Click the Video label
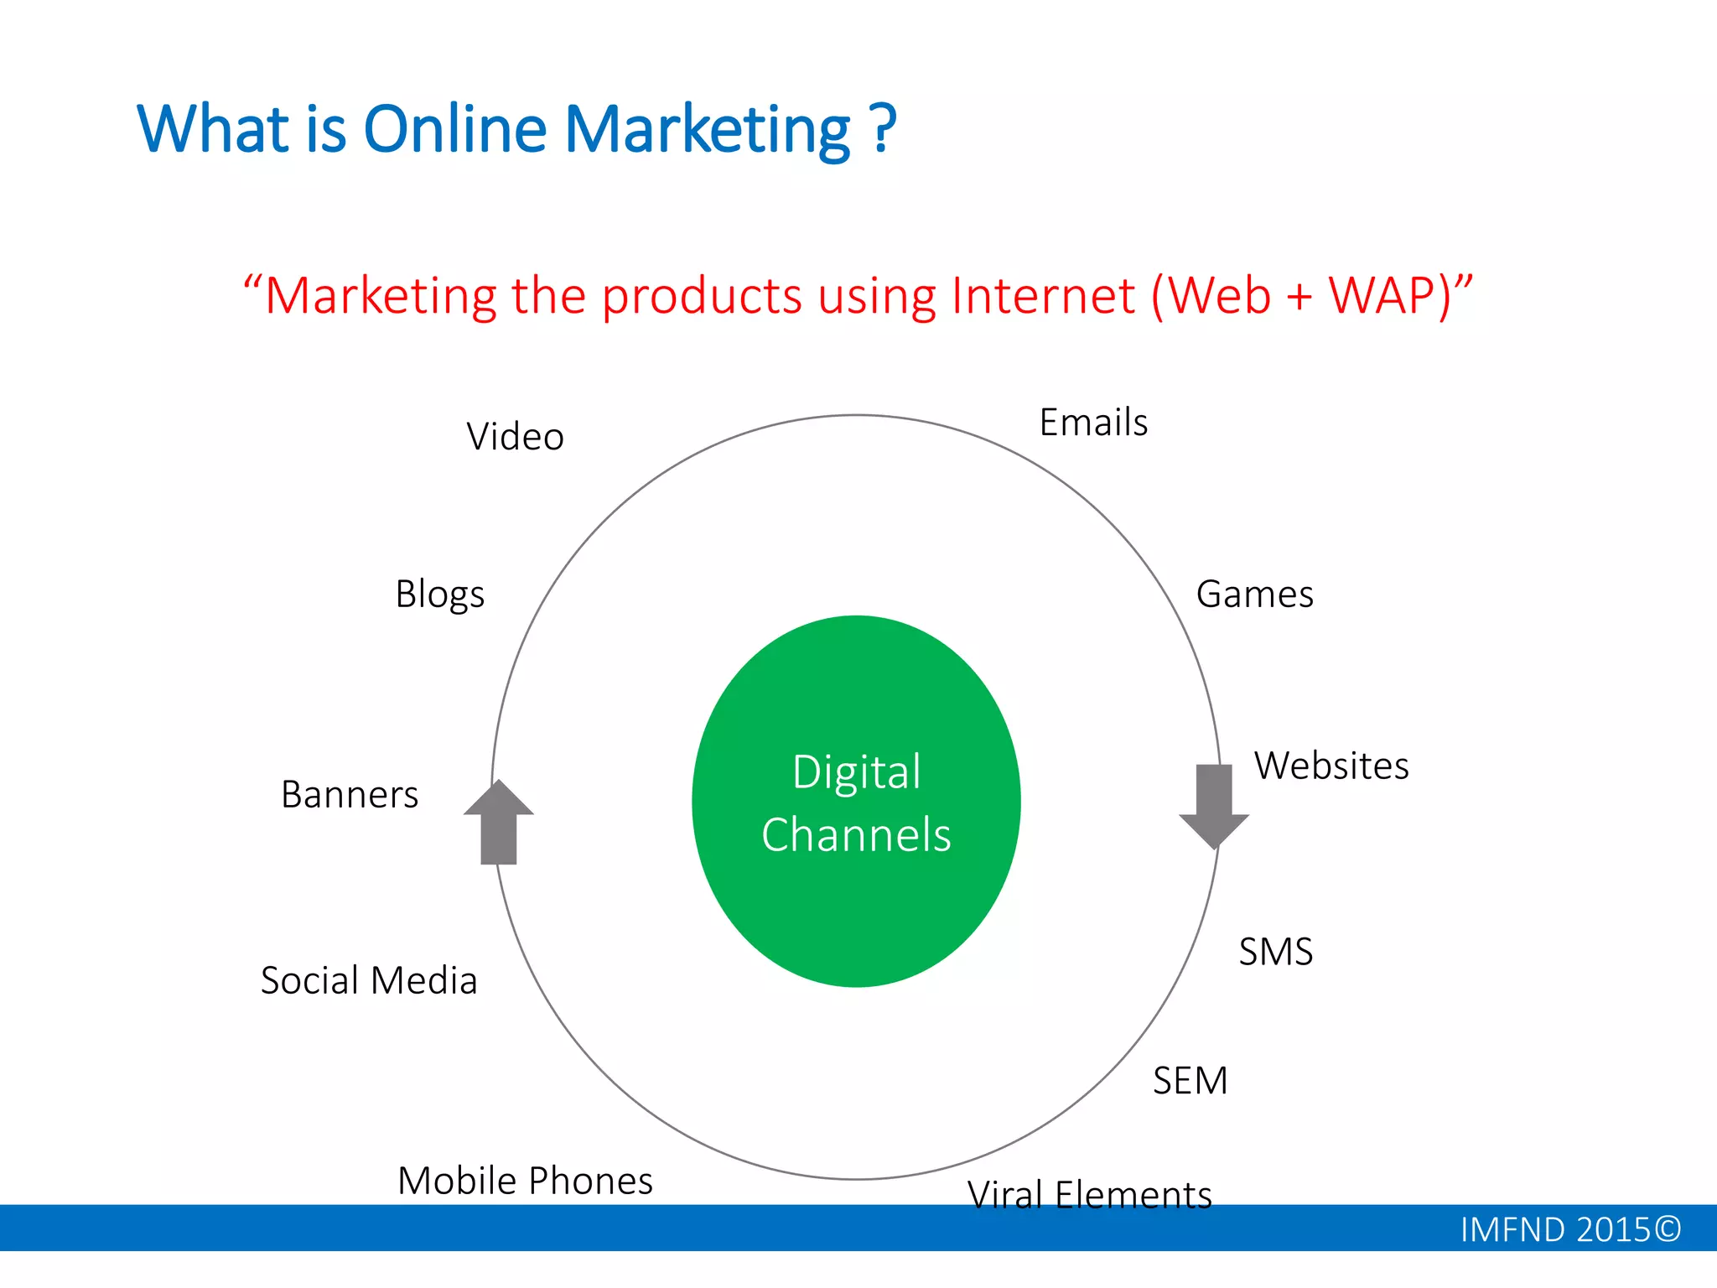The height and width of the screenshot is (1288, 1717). [515, 437]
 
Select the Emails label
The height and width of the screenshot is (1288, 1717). [1093, 423]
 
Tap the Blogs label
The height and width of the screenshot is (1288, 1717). [439, 595]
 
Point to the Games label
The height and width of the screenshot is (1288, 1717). [1254, 595]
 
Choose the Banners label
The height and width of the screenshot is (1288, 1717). [350, 795]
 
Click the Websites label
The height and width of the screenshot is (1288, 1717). [1331, 766]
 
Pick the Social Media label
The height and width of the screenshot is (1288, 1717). [369, 980]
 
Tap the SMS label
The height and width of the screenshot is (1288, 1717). [1275, 952]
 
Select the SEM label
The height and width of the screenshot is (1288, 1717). [1190, 1081]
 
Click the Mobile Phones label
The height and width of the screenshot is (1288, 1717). [525, 1181]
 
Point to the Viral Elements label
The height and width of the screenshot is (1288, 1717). [1089, 1194]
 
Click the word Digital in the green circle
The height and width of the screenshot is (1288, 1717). [856, 772]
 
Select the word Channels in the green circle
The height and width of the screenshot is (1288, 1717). [856, 835]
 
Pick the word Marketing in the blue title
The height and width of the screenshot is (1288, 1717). [708, 130]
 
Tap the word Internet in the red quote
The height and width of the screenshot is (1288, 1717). [1044, 296]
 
